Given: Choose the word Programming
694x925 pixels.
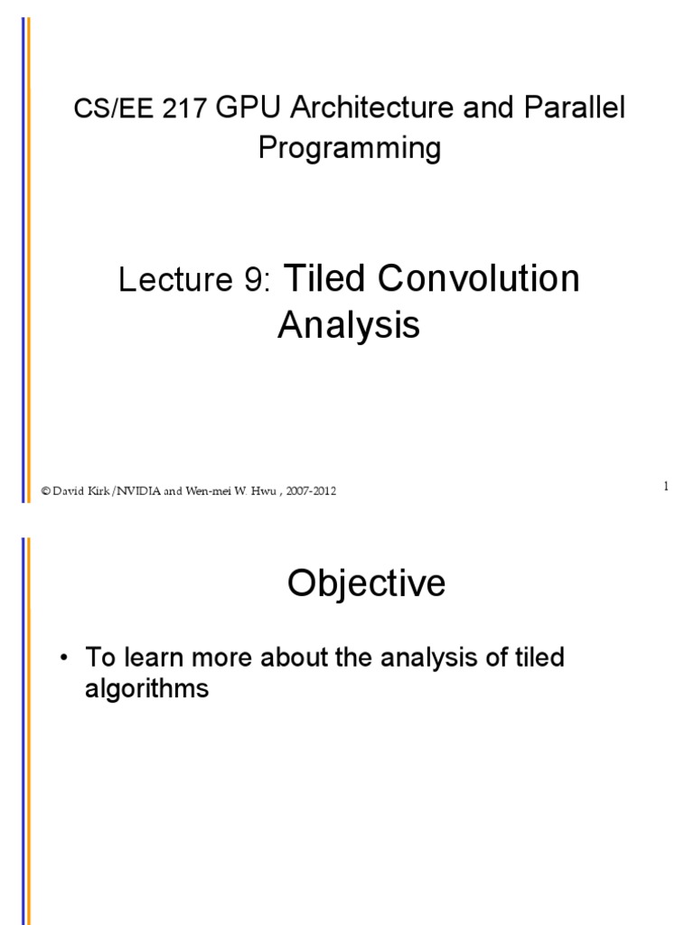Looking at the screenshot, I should point(350,147).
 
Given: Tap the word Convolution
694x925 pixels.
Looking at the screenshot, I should point(479,279).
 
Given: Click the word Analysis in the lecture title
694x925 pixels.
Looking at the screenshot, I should point(348,324).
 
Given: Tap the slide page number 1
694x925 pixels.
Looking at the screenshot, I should point(665,487).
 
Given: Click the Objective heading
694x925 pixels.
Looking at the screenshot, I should point(366,584).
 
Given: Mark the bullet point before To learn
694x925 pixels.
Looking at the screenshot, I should point(63,658).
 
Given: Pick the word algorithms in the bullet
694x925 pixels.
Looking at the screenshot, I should point(146,689).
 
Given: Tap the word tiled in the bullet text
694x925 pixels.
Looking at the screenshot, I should point(539,658).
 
